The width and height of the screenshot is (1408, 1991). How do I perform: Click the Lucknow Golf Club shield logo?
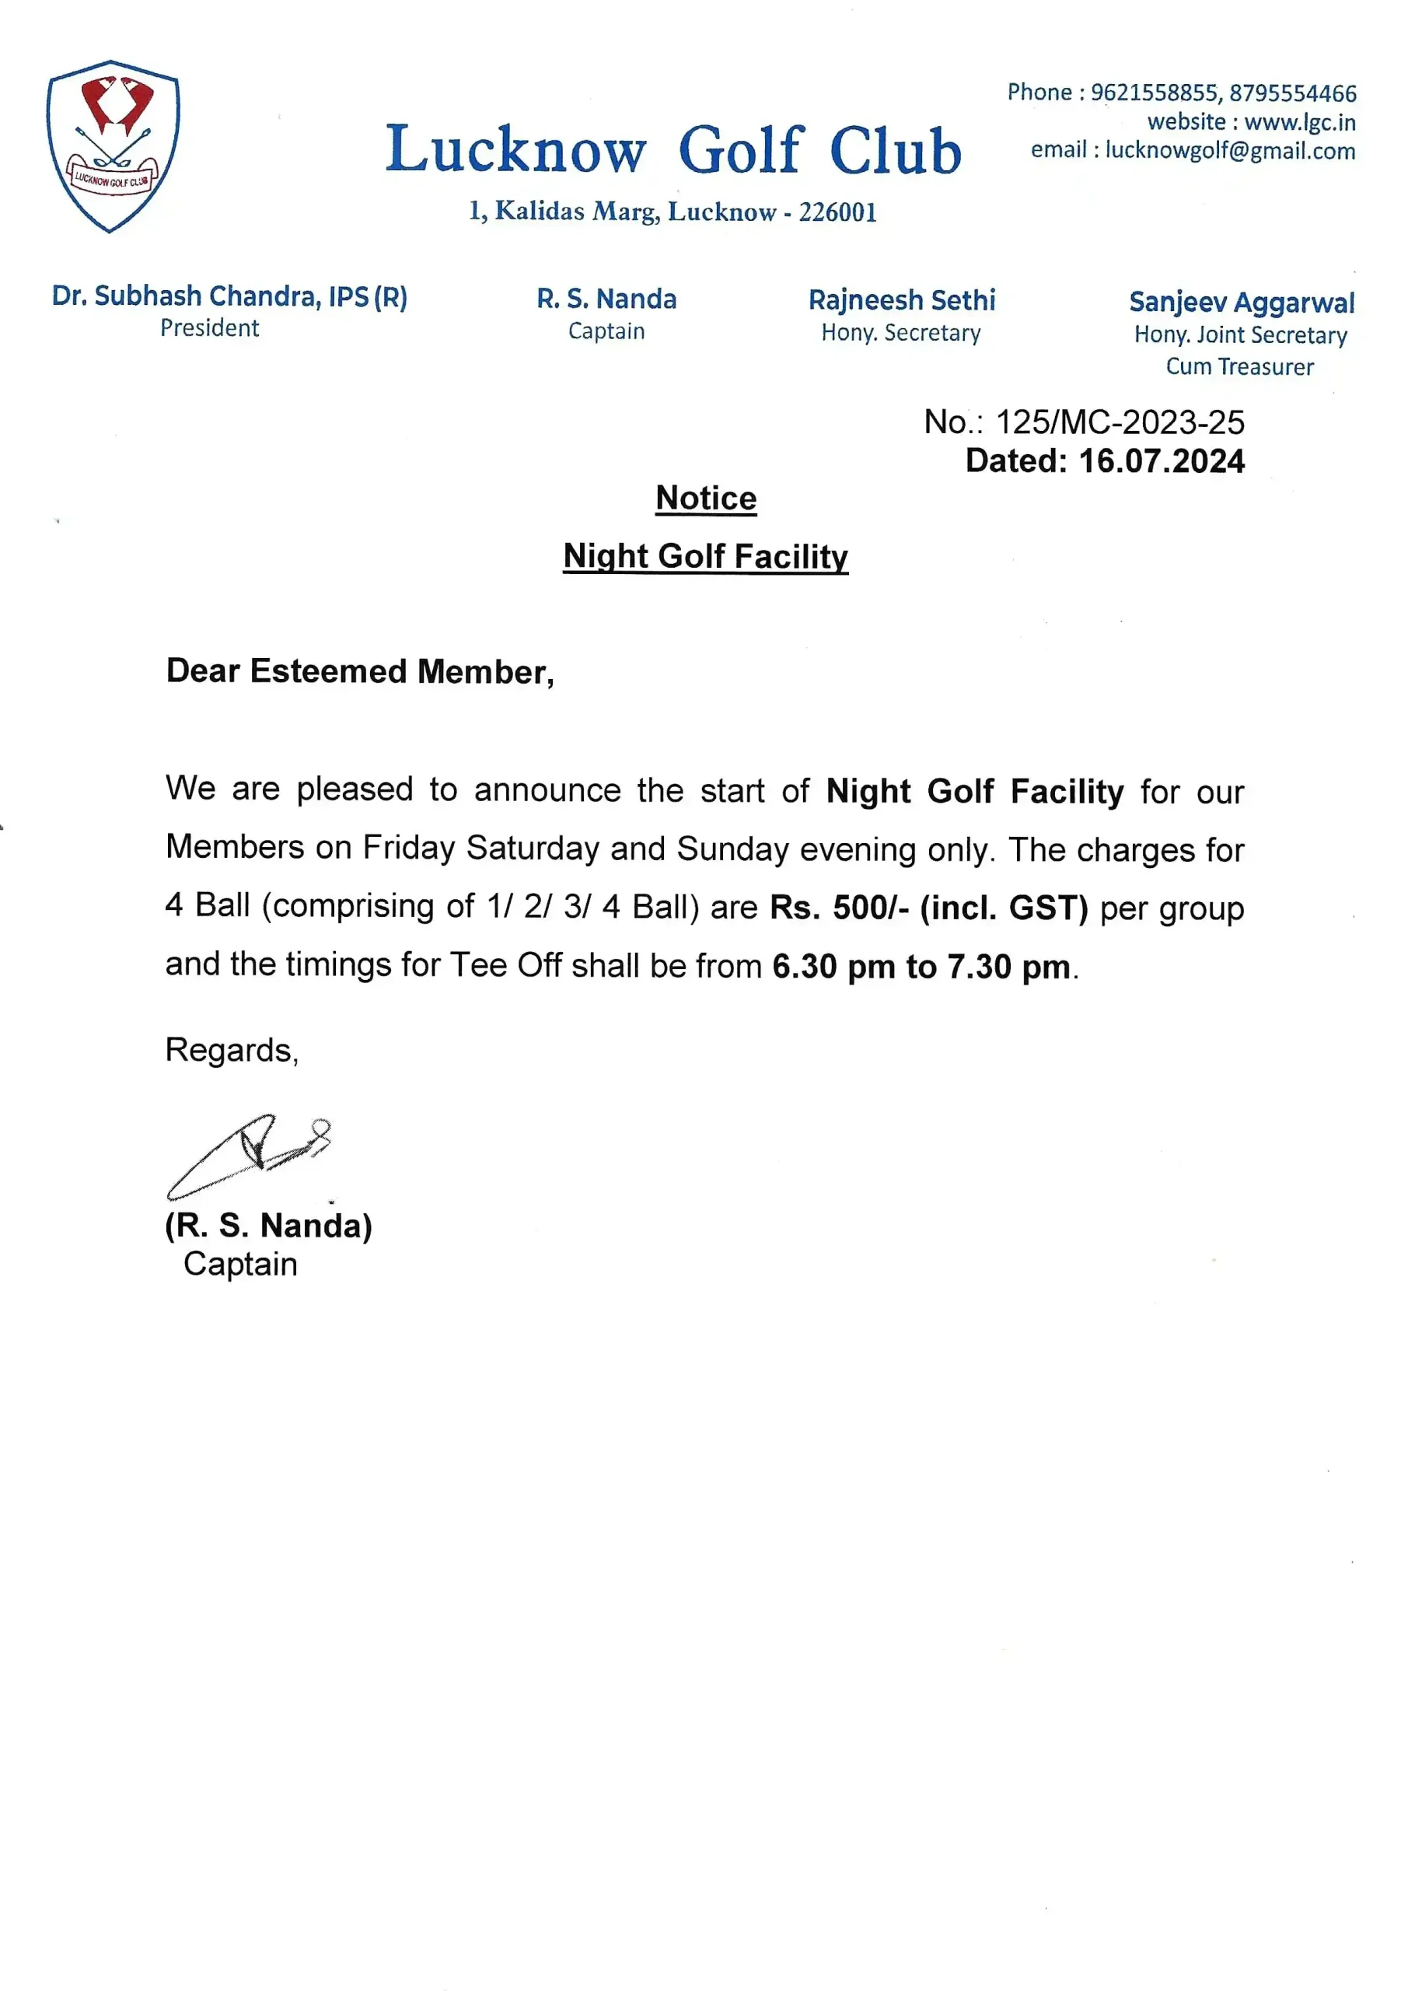pyautogui.click(x=113, y=145)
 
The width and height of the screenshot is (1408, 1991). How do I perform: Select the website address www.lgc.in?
pyautogui.click(x=1300, y=122)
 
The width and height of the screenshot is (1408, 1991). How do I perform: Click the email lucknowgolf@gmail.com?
pyautogui.click(x=1229, y=151)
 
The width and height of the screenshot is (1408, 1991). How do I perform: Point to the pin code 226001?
pyautogui.click(x=837, y=212)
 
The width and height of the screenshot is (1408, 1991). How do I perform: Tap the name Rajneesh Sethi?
pyautogui.click(x=902, y=300)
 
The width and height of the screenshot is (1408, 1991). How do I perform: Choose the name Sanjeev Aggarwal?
pyautogui.click(x=1241, y=303)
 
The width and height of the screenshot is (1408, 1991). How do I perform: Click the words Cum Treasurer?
pyautogui.click(x=1239, y=367)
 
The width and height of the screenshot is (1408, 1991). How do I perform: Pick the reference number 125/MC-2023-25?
pyautogui.click(x=1120, y=422)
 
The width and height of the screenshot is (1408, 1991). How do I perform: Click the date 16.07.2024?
pyautogui.click(x=1161, y=461)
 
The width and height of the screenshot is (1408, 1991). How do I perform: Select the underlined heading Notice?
pyautogui.click(x=706, y=499)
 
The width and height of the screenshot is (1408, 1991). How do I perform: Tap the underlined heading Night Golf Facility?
pyautogui.click(x=705, y=557)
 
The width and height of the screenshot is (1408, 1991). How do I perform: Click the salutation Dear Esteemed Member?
pyautogui.click(x=360, y=672)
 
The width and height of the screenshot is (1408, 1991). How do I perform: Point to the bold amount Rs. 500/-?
pyautogui.click(x=838, y=908)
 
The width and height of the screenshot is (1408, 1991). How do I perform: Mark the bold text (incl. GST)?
pyautogui.click(x=1003, y=908)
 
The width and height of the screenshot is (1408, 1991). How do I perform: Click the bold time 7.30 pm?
pyautogui.click(x=1008, y=967)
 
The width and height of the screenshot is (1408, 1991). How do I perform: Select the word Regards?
pyautogui.click(x=232, y=1050)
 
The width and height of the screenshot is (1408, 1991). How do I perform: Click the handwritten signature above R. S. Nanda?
pyautogui.click(x=249, y=1154)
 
